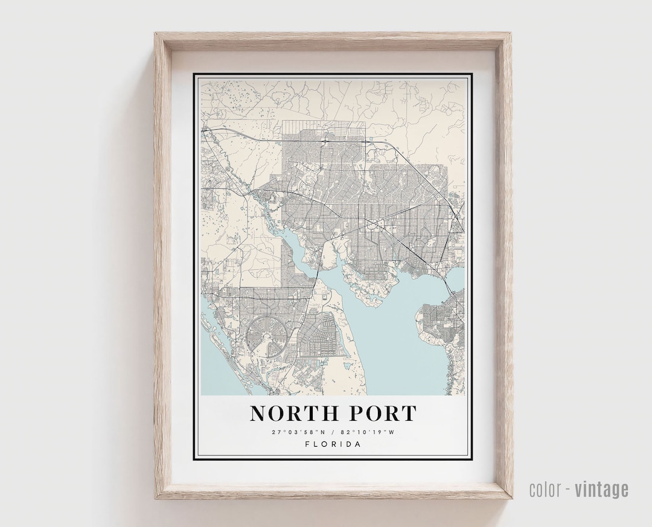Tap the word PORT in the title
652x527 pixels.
(x=381, y=414)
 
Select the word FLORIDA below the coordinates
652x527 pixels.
(x=333, y=444)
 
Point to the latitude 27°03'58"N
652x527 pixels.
(x=299, y=432)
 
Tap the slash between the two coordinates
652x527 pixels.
(x=333, y=432)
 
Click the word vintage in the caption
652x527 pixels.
(x=601, y=489)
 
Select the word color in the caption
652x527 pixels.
(x=546, y=489)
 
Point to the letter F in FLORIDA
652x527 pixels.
(x=307, y=444)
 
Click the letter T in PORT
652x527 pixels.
(x=409, y=414)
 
